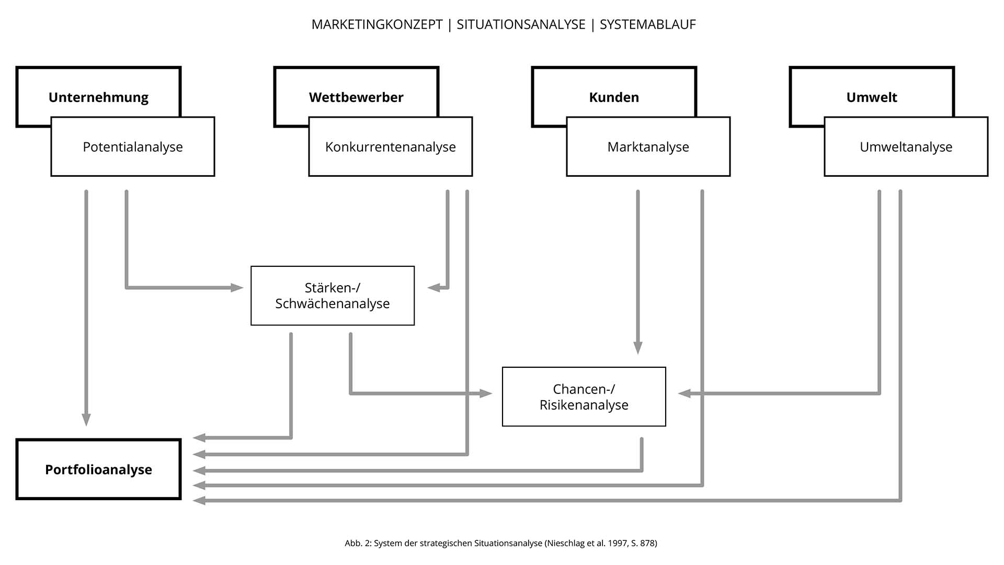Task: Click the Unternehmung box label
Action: (x=98, y=97)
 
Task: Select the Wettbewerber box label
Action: (x=356, y=97)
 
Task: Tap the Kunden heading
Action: (x=614, y=97)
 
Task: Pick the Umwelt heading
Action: (x=872, y=97)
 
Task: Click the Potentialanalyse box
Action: (x=133, y=147)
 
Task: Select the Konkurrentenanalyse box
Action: (x=391, y=147)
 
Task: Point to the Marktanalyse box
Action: (x=648, y=147)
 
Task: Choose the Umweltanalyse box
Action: (x=906, y=147)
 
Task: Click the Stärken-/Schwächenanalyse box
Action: (x=333, y=296)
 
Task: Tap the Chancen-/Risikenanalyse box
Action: (x=584, y=397)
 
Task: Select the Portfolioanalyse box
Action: (x=99, y=469)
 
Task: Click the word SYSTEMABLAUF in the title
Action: (x=647, y=25)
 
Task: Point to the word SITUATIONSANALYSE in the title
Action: (x=521, y=25)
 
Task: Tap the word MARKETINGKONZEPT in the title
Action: (x=377, y=25)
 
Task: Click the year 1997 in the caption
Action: (x=618, y=543)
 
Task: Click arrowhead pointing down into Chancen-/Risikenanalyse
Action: (x=638, y=347)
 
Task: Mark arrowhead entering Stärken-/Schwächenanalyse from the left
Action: (x=237, y=287)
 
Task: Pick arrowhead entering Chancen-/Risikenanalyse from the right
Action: (x=684, y=393)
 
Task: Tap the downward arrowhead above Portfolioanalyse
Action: (x=86, y=419)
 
